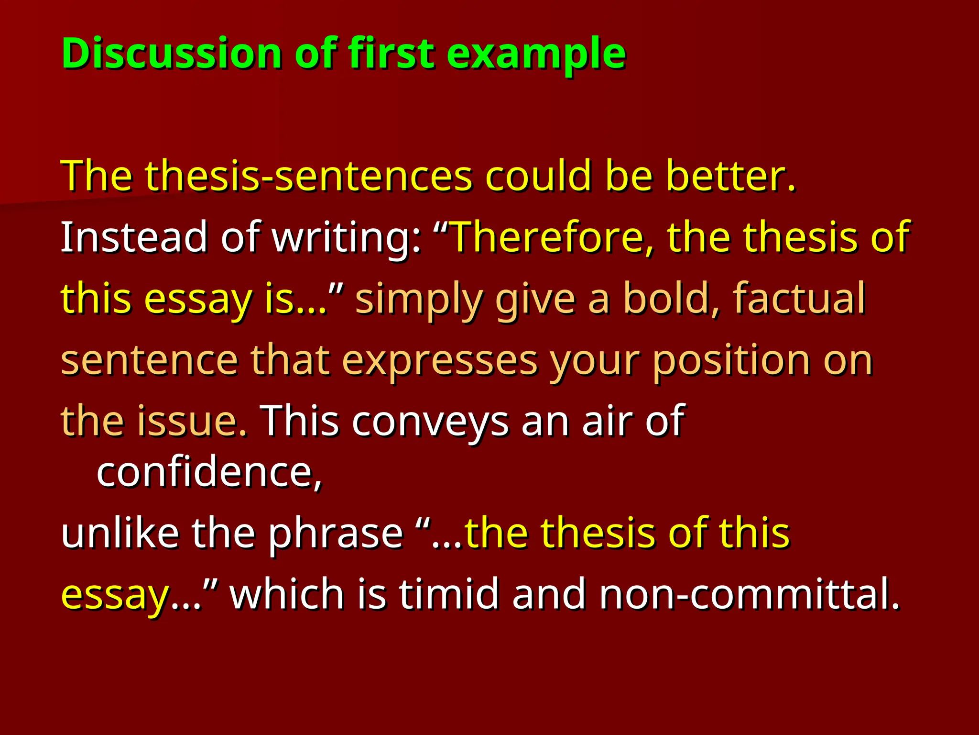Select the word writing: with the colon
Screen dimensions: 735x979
[x=347, y=237]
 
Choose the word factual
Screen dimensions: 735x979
[x=799, y=299]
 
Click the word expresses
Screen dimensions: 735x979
[x=440, y=361]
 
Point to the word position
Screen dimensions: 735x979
[x=731, y=361]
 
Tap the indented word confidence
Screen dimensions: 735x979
[x=209, y=473]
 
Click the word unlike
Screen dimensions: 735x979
[x=120, y=533]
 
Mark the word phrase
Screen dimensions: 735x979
[x=336, y=533]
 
